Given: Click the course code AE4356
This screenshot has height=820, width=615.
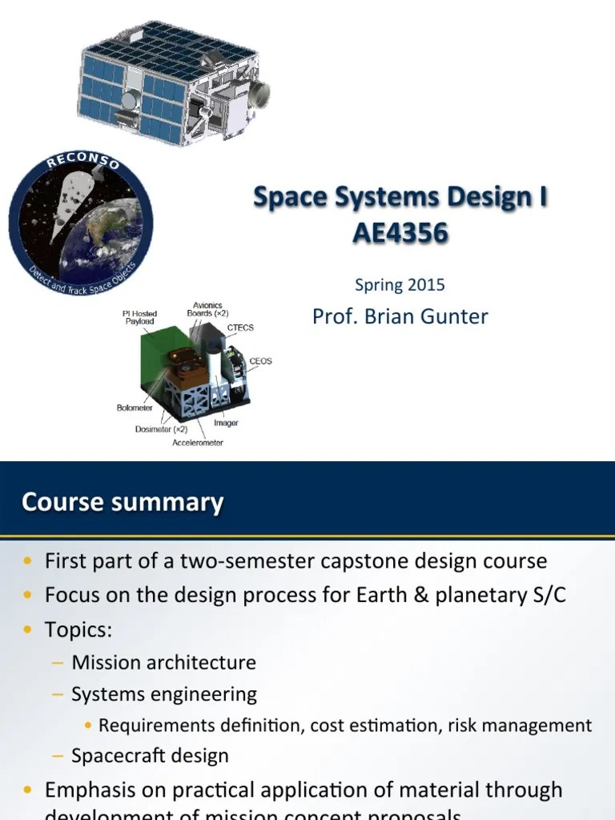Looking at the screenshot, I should (x=400, y=232).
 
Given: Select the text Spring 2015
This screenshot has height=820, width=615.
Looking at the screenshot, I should (x=399, y=284).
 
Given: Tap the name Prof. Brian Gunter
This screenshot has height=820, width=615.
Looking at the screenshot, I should (x=400, y=316).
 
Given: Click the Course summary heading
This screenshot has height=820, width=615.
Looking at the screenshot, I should (x=123, y=502).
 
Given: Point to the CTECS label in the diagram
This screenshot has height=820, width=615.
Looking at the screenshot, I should (x=241, y=328).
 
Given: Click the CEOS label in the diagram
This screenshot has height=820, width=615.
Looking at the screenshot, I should (x=260, y=361).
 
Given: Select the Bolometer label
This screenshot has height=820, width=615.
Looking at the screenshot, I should (x=135, y=408).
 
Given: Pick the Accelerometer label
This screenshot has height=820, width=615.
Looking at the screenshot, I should (x=198, y=442).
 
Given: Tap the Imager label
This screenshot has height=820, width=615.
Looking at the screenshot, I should (x=226, y=423).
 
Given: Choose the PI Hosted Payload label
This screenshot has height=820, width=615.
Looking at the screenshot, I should (x=140, y=317).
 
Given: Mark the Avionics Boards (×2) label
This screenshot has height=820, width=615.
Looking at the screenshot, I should (x=207, y=309).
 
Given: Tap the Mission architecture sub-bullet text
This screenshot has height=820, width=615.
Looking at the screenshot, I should (x=163, y=662).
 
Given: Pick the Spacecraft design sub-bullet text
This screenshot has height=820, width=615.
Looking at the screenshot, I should (x=150, y=755).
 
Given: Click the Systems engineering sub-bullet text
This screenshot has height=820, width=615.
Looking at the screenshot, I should (x=164, y=694).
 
